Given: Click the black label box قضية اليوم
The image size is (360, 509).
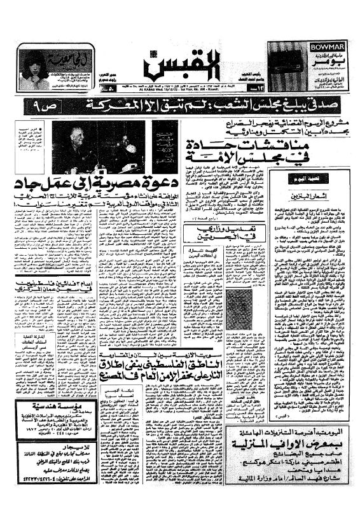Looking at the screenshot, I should [307, 178].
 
